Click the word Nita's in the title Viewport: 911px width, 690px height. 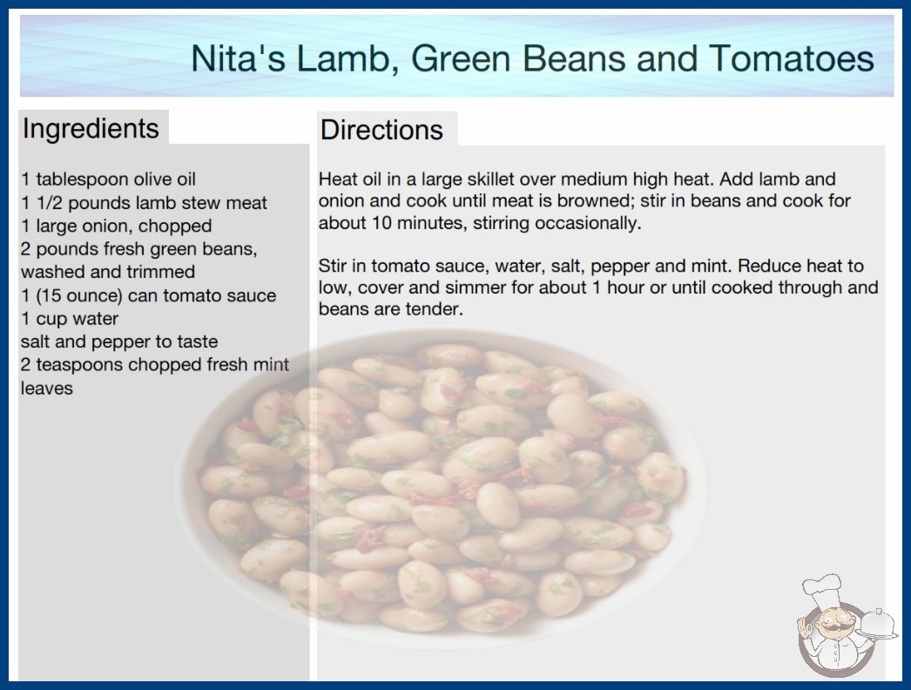tap(238, 58)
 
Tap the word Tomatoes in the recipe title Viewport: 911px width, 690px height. tap(792, 58)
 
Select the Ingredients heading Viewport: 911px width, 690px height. tap(91, 128)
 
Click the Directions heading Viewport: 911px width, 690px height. tap(381, 130)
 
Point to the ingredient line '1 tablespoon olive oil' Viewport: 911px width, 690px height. tap(108, 179)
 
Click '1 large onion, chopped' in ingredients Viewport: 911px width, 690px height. tap(116, 226)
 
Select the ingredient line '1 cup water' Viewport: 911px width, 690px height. tap(70, 319)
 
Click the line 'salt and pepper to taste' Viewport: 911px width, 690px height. tap(119, 342)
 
